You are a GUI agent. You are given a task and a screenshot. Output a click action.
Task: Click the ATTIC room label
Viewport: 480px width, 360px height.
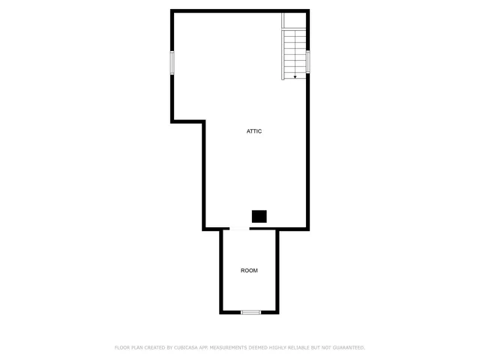click(254, 131)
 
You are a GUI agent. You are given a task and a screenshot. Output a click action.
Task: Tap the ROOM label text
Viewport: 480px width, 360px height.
click(249, 270)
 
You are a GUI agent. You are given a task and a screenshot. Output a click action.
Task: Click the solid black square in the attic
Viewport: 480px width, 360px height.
click(259, 216)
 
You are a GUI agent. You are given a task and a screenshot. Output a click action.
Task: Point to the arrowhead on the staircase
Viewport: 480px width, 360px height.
click(295, 76)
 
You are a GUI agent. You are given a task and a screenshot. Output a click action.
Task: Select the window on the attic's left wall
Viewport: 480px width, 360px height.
click(172, 62)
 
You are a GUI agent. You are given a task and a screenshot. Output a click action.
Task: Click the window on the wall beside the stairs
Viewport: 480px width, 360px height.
click(308, 61)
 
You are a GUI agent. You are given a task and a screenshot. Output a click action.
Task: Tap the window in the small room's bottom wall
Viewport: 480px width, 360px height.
click(250, 312)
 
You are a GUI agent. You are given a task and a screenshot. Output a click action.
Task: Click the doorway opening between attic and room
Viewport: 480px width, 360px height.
click(237, 229)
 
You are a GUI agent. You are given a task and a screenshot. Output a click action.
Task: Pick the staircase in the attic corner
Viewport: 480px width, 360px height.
click(295, 54)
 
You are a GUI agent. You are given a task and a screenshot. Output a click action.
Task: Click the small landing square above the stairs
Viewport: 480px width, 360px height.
click(295, 21)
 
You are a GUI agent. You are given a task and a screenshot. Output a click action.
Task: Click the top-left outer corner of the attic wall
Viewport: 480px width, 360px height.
click(172, 10)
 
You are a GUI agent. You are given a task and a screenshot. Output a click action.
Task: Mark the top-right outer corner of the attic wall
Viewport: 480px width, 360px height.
click(308, 10)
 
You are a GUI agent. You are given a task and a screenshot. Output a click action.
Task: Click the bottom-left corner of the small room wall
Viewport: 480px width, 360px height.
click(221, 312)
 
